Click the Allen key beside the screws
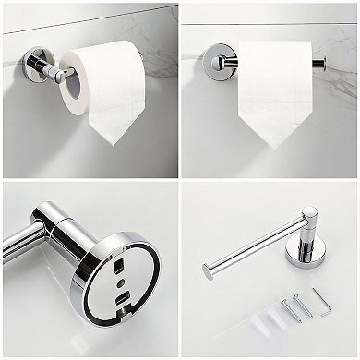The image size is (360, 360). pyautogui.click(x=319, y=301)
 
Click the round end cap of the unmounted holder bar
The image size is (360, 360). pyautogui.click(x=206, y=270)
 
